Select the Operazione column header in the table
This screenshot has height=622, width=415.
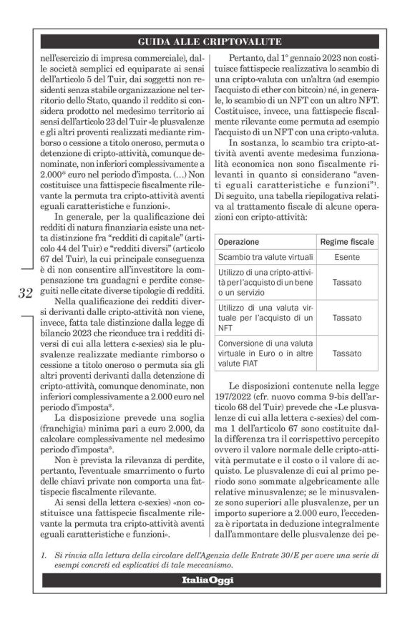(x=238, y=242)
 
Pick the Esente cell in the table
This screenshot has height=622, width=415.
(x=346, y=258)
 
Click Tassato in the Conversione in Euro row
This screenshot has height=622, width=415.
(x=346, y=353)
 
